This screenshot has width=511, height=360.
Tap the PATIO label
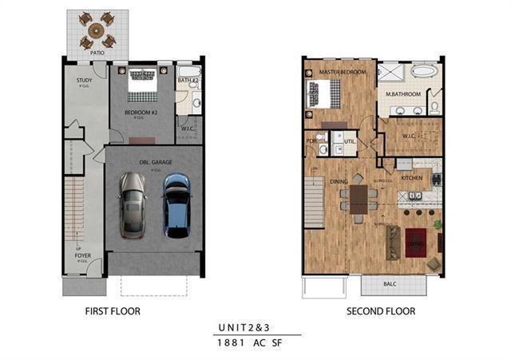[x=97, y=53]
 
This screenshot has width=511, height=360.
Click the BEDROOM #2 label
[x=141, y=113]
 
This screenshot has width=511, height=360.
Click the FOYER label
[x=83, y=256]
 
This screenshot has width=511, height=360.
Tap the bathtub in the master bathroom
[x=420, y=71]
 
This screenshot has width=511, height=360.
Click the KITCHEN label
[x=411, y=177]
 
